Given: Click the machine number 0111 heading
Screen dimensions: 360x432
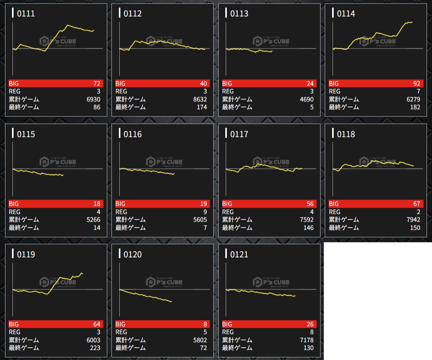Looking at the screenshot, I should (x=26, y=14).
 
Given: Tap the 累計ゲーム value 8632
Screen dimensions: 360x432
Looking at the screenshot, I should (x=200, y=99).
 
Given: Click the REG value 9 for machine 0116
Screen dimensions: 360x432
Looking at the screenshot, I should (x=205, y=212).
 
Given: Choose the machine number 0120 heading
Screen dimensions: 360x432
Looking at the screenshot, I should (x=132, y=254).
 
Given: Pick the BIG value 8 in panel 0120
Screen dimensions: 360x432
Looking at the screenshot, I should (x=205, y=324).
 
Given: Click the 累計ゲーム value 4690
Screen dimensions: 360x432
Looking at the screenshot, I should (x=306, y=99).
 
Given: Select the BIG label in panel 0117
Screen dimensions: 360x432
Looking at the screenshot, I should (x=227, y=204).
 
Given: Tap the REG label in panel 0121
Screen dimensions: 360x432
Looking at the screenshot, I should (x=228, y=332).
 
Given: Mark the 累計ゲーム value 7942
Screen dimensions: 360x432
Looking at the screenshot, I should (x=413, y=220).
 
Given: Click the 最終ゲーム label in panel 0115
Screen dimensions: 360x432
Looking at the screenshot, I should (x=24, y=228).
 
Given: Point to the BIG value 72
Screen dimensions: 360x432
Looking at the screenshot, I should (x=96, y=84).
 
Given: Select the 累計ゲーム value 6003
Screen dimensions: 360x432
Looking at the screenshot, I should (x=93, y=340).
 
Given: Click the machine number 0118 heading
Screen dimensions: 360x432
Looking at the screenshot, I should (x=346, y=134).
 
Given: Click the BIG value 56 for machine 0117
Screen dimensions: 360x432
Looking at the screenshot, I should (x=310, y=204).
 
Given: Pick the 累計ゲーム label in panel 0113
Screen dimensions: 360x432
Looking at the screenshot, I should (x=237, y=99).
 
